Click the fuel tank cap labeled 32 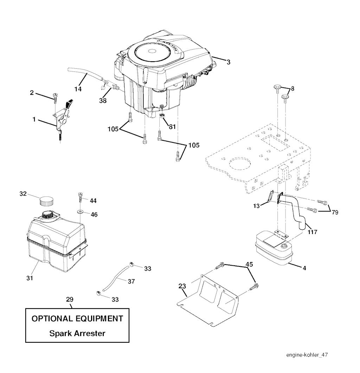tap(46, 201)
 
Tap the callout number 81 tap(172, 127)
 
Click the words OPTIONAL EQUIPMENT tap(77, 318)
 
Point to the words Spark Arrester tap(77, 333)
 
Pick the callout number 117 tap(312, 232)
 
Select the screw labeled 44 tap(80, 197)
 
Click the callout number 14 tap(78, 89)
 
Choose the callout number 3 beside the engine tap(229, 62)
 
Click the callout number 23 tap(182, 286)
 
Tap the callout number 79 tap(335, 212)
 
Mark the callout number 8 tap(292, 89)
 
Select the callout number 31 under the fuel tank tap(30, 278)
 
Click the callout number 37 tap(131, 282)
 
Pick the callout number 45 tap(249, 264)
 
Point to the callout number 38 tap(103, 101)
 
